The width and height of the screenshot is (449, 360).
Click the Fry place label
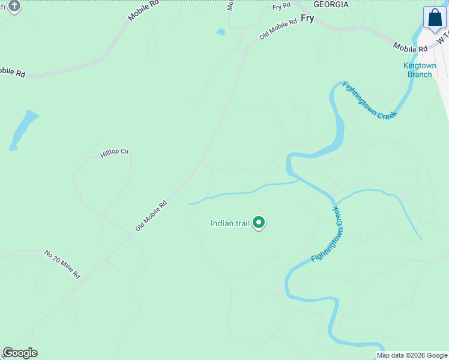pos(307,19)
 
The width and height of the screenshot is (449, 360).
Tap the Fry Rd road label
pos(281,6)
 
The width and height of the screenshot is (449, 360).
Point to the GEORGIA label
pos(331,4)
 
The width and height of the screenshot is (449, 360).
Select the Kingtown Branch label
pos(420,70)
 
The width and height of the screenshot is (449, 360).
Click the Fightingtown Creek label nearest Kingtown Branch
pos(370,100)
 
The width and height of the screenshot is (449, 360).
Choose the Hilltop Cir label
pos(115,153)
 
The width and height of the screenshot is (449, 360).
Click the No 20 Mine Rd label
pos(62,265)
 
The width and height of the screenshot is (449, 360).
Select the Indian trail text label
pos(230,223)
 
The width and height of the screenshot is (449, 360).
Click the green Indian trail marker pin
pos(259,223)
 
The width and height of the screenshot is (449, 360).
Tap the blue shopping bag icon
pos(434,17)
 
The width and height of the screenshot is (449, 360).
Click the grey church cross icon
pos(14,7)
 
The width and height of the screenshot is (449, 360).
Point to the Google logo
pos(20,353)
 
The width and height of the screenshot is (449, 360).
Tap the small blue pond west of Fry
pos(221,32)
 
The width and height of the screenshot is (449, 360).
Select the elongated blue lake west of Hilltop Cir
pos(23,129)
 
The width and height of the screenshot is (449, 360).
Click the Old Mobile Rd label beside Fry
pos(278,29)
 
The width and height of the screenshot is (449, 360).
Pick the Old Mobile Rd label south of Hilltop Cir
pos(151,216)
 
